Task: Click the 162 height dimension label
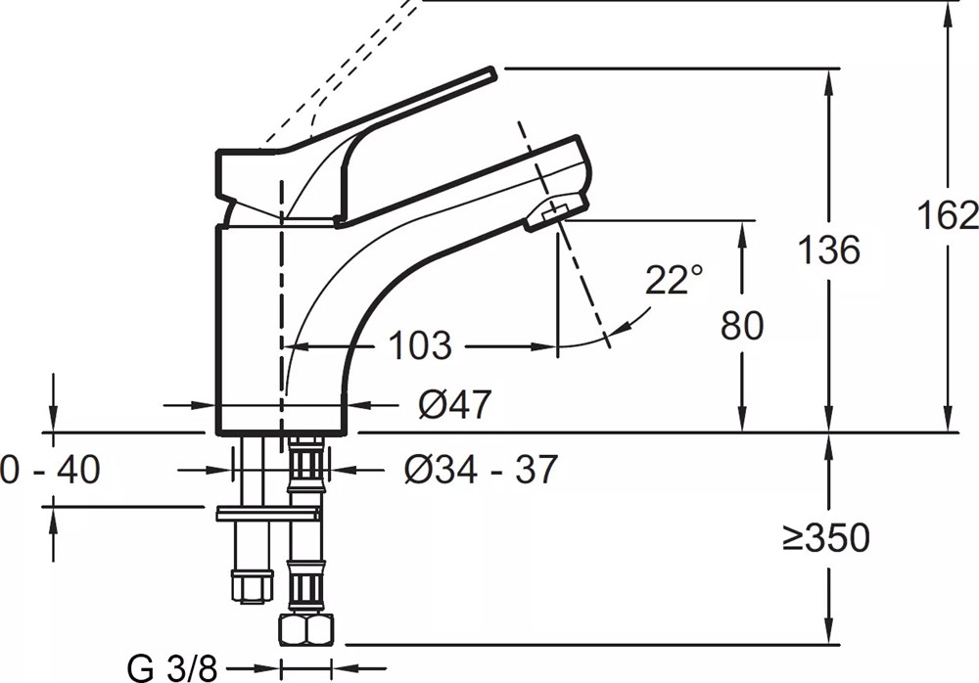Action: (x=947, y=216)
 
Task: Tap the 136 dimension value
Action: (x=829, y=250)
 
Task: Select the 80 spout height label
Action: (x=742, y=325)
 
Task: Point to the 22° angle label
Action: (x=674, y=279)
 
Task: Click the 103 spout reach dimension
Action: (x=420, y=344)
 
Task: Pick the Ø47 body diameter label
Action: (x=454, y=404)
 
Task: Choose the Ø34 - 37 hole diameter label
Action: (x=480, y=469)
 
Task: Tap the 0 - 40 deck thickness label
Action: (x=50, y=469)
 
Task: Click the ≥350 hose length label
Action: (x=826, y=537)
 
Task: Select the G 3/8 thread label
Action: (x=171, y=669)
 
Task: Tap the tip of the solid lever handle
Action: (x=493, y=73)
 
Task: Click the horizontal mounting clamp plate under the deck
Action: (x=268, y=515)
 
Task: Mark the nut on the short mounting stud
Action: (x=253, y=586)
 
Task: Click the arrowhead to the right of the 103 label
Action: (x=543, y=345)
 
